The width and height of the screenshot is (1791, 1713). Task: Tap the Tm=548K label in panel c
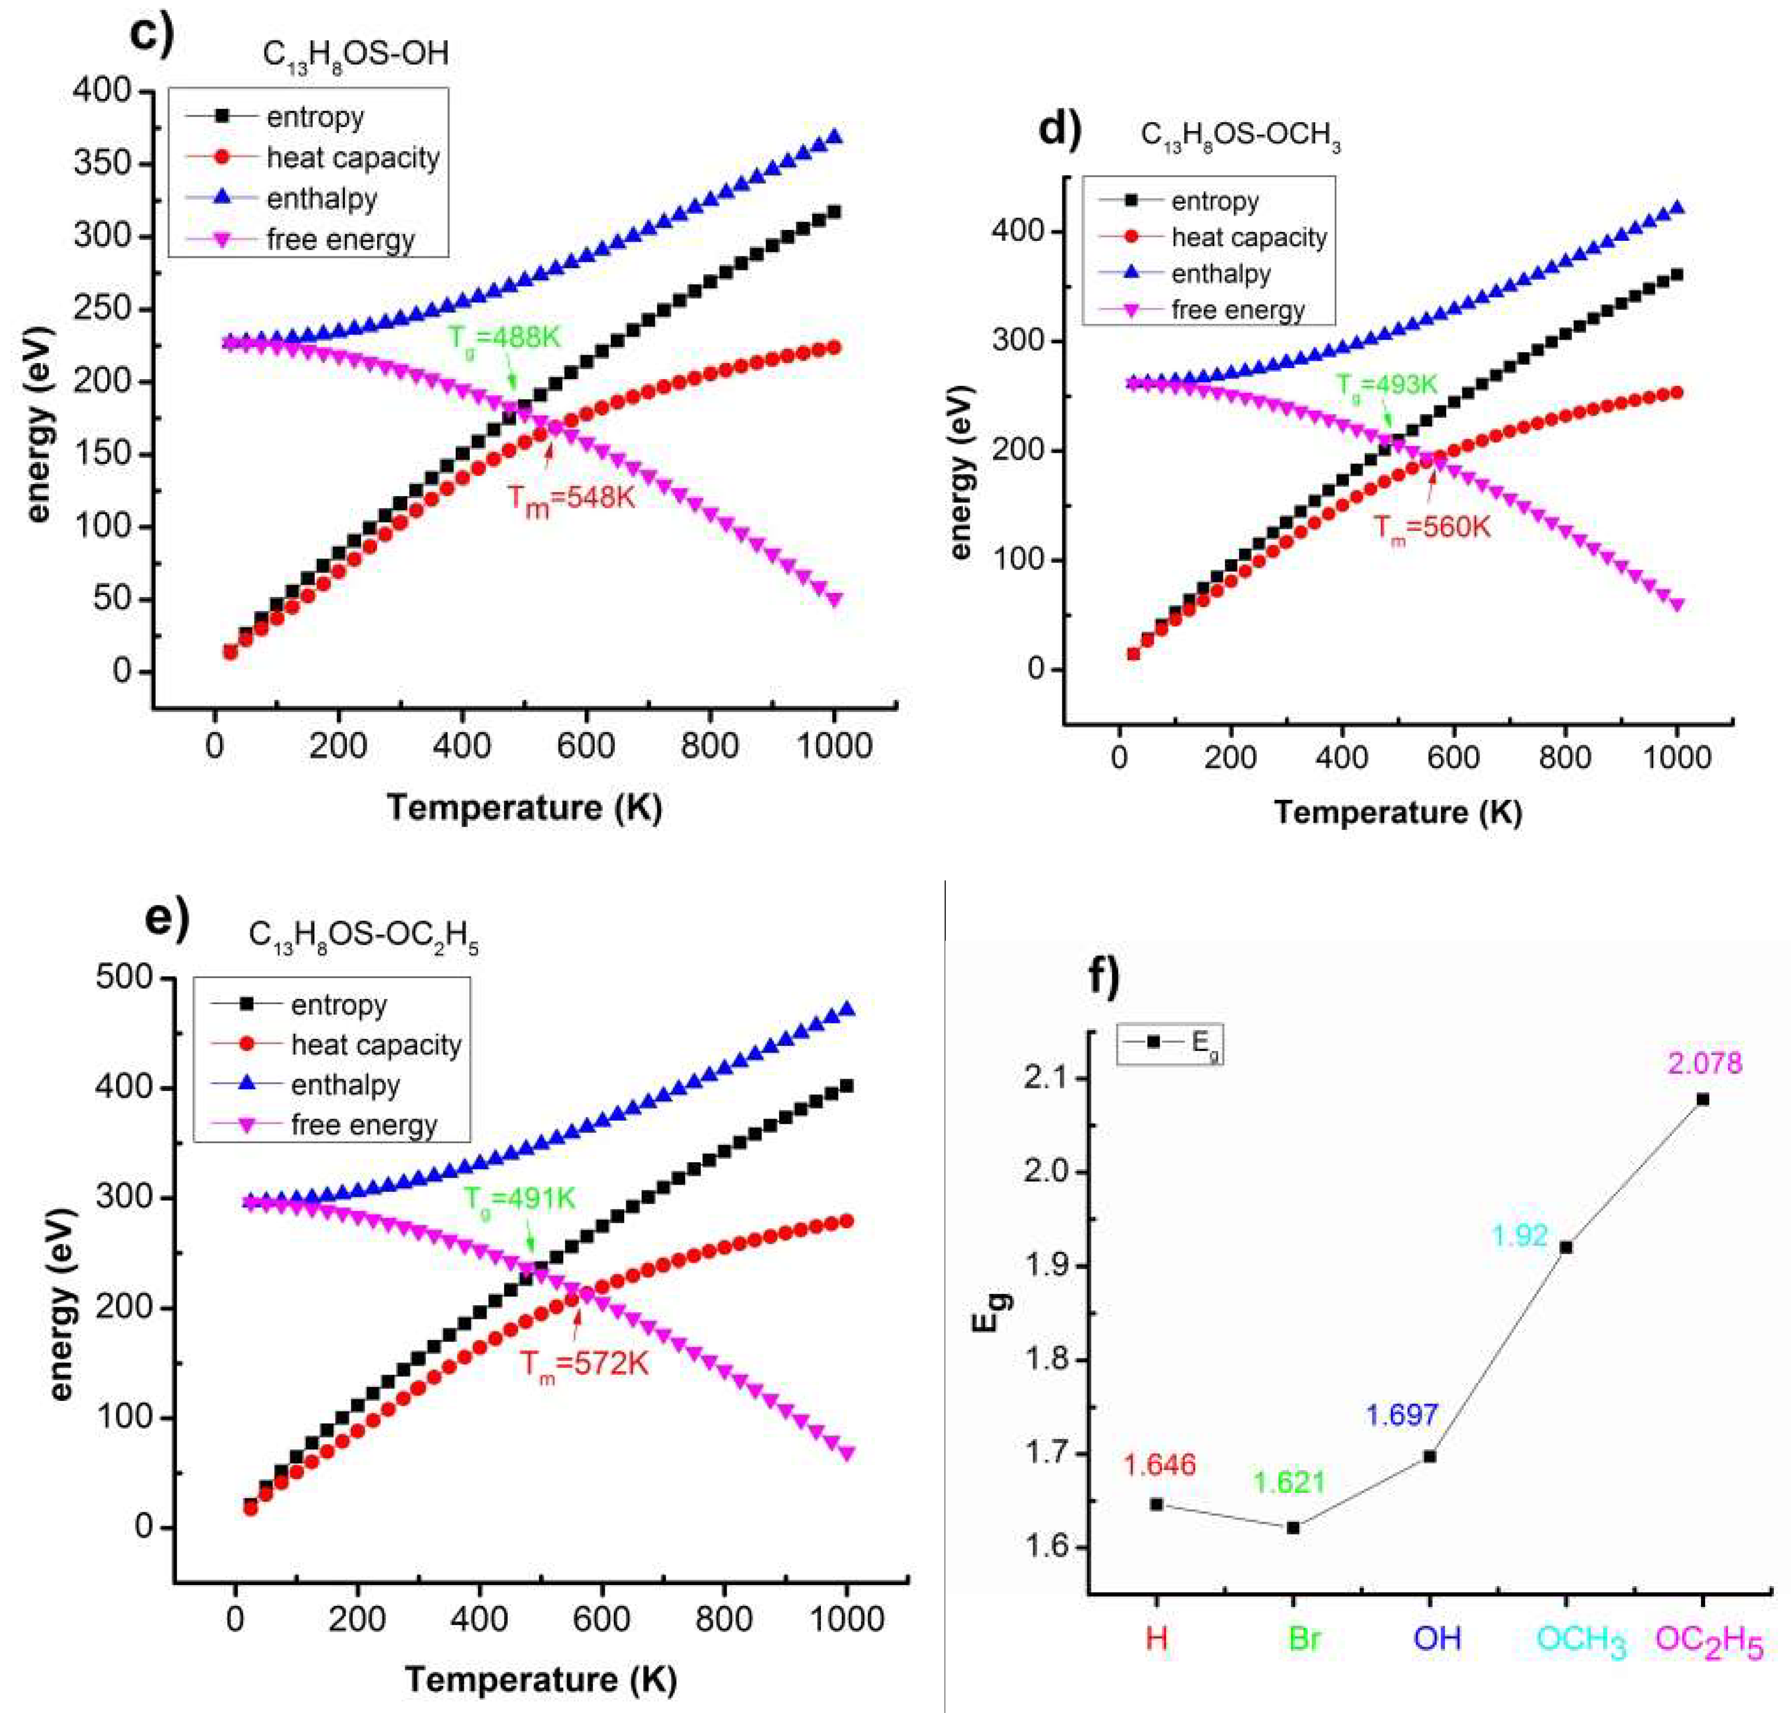tap(570, 499)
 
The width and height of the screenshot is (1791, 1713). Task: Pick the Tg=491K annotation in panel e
tap(519, 1199)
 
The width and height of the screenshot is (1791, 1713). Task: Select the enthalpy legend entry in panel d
tap(1220, 274)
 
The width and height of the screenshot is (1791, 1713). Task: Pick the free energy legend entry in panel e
tap(364, 1125)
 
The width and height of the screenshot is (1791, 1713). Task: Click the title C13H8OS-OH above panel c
tap(355, 55)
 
